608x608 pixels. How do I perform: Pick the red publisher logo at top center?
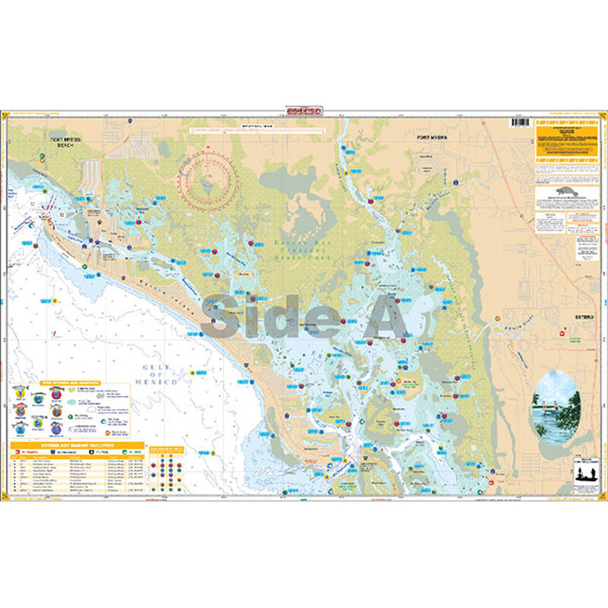click(x=304, y=110)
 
